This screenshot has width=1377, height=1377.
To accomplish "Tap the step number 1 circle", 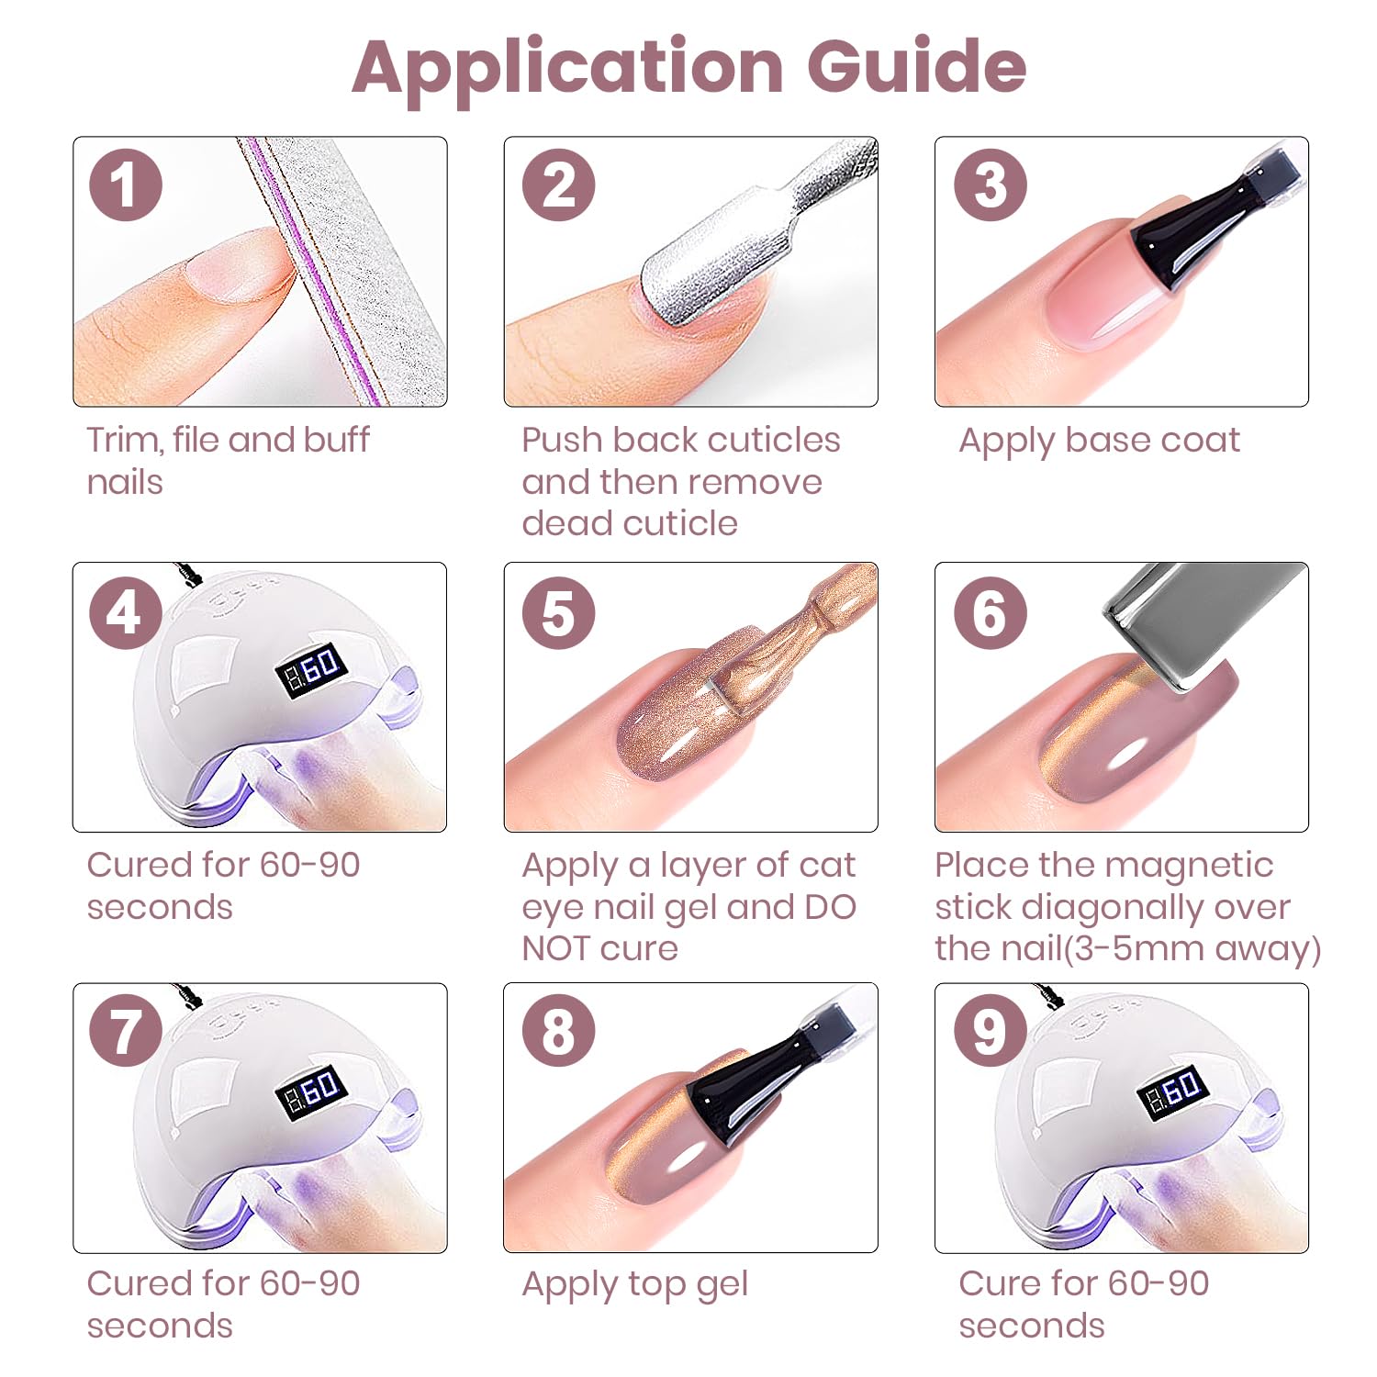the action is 126,185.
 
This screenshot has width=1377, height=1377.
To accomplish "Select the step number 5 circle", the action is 559,612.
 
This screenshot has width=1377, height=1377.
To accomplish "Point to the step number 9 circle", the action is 991,1031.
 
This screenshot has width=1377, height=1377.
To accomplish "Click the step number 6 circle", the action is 991,612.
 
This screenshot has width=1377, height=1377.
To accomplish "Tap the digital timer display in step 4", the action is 312,670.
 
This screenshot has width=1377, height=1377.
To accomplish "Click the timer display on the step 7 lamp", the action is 312,1091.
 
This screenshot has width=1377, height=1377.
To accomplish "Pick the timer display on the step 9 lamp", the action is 1174,1091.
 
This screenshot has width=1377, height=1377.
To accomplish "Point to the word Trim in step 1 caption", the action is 124,440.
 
